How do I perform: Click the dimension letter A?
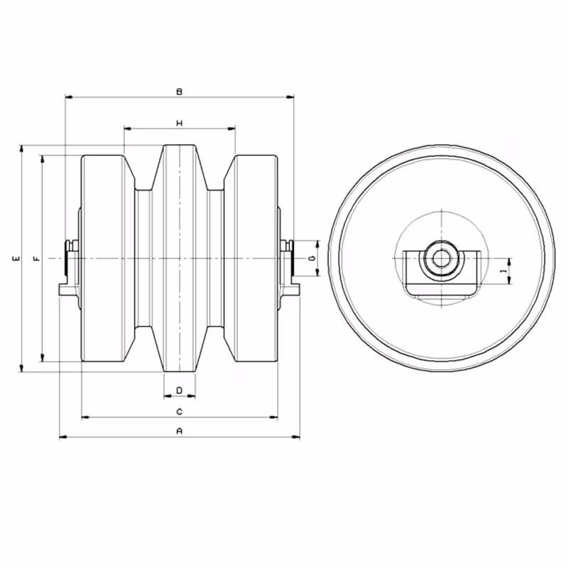click(x=180, y=431)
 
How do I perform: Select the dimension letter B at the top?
click(x=180, y=92)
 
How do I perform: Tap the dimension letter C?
click(x=180, y=412)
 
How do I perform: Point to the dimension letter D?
click(x=180, y=390)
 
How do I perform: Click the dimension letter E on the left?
click(x=16, y=258)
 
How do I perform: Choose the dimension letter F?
click(x=37, y=258)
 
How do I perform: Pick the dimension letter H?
click(x=180, y=123)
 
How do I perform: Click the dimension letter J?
click(x=503, y=271)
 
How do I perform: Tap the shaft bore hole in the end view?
click(x=440, y=258)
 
